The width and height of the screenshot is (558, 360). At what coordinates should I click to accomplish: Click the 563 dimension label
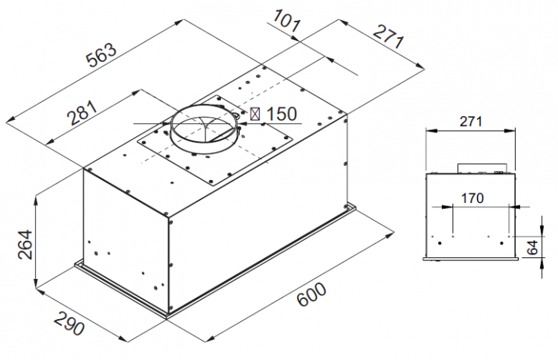point(101,55)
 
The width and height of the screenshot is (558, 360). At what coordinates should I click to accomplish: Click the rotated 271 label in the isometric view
point(388,36)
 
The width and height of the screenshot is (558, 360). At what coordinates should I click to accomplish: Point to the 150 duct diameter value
point(281,115)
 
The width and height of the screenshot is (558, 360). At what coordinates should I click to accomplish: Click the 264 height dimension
point(25,245)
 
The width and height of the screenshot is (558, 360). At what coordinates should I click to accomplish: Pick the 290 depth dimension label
point(69,323)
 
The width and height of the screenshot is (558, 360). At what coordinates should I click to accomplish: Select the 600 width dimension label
point(312,295)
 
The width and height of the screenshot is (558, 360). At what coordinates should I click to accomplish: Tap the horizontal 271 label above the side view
point(471,122)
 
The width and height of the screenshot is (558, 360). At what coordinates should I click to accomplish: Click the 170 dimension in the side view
point(472,198)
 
